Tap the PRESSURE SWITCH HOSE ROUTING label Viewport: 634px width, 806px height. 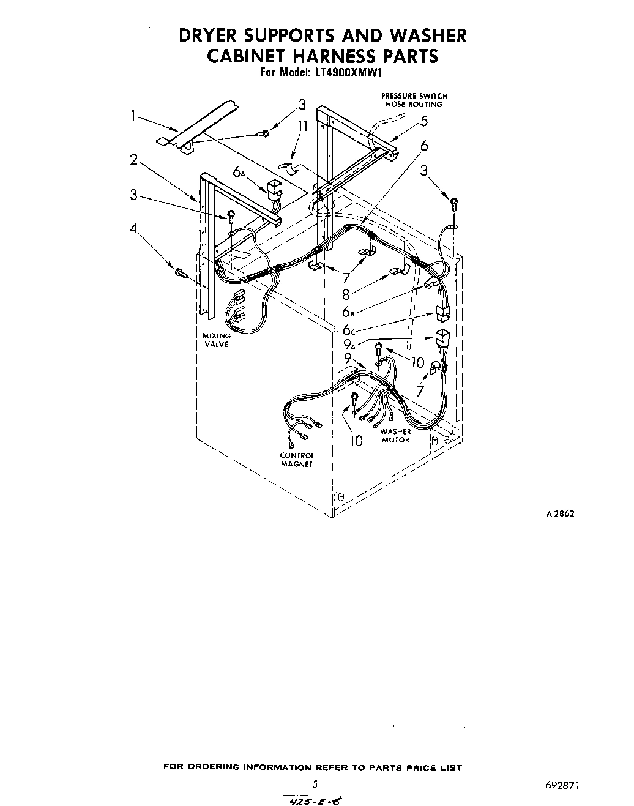coord(414,100)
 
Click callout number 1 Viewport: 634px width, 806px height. coord(133,116)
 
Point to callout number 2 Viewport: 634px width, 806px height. coord(133,160)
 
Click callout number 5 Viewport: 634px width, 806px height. coord(424,121)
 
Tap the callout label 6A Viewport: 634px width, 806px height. coord(239,173)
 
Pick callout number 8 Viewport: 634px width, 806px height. coord(346,294)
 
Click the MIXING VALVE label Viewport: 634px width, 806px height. coord(217,340)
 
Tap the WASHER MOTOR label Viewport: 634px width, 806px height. coord(395,436)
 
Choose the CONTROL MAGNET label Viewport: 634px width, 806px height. coord(297,460)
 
